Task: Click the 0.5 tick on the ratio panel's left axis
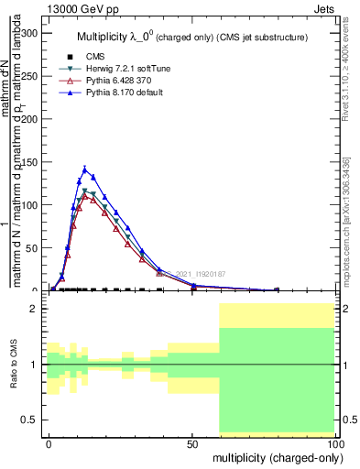(29, 420)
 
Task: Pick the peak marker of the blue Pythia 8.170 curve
(85, 169)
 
